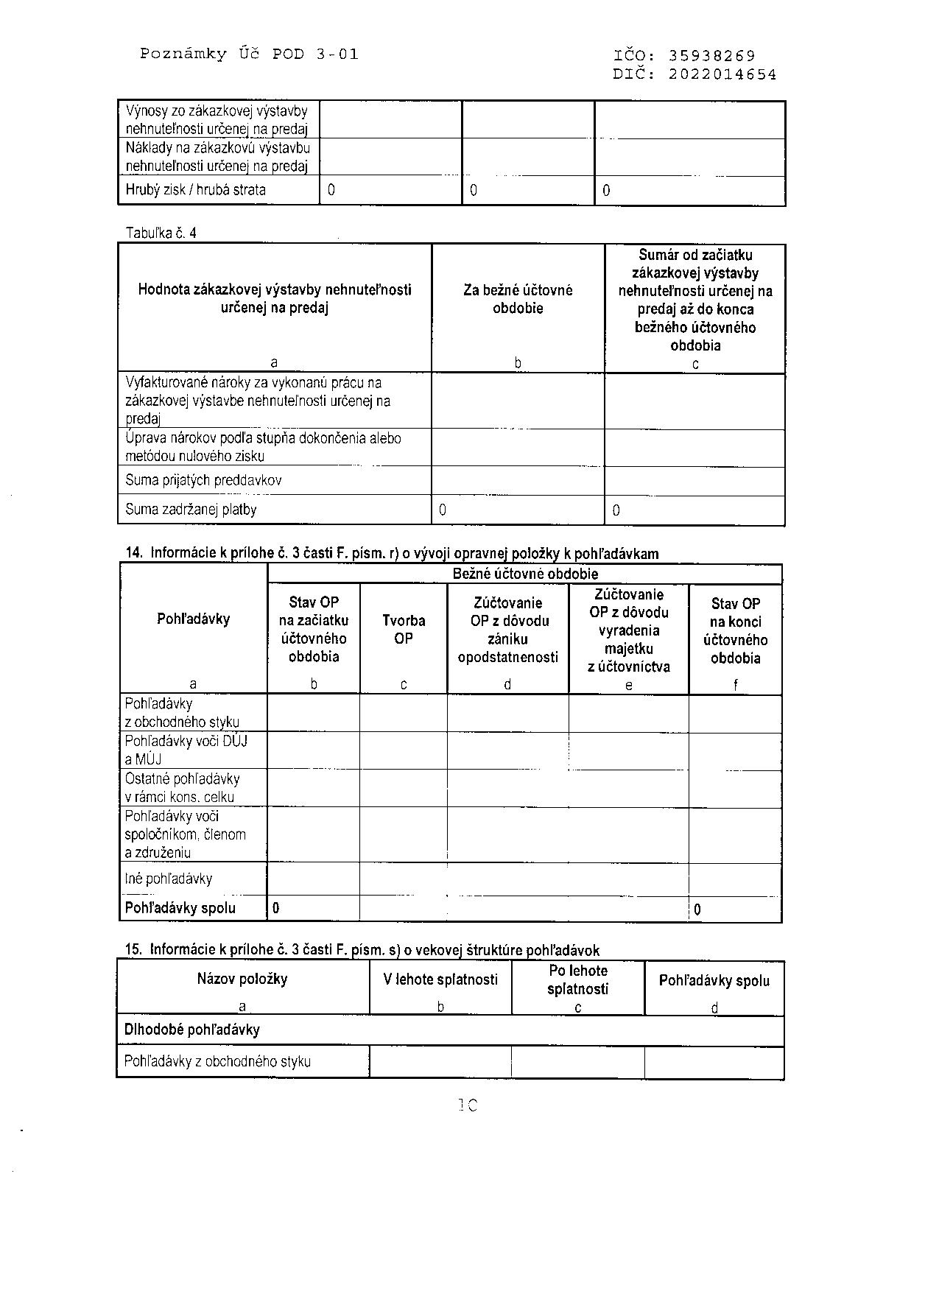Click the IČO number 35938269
711,55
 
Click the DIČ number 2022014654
722,74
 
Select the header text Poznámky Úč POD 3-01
249,54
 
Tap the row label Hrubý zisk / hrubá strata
195,190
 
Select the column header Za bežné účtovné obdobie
518,299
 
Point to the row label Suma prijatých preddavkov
203,480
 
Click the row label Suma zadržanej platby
191,510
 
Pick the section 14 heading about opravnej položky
392,554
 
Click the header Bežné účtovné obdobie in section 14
524,574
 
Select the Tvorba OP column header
404,630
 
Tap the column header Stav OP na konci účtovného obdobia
735,631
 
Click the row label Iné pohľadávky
169,879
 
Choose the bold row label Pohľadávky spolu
180,908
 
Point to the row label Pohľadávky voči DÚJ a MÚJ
186,750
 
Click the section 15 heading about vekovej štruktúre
362,950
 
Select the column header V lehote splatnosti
440,979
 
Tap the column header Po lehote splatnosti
578,979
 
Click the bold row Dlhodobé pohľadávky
191,1030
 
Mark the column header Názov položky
242,979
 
